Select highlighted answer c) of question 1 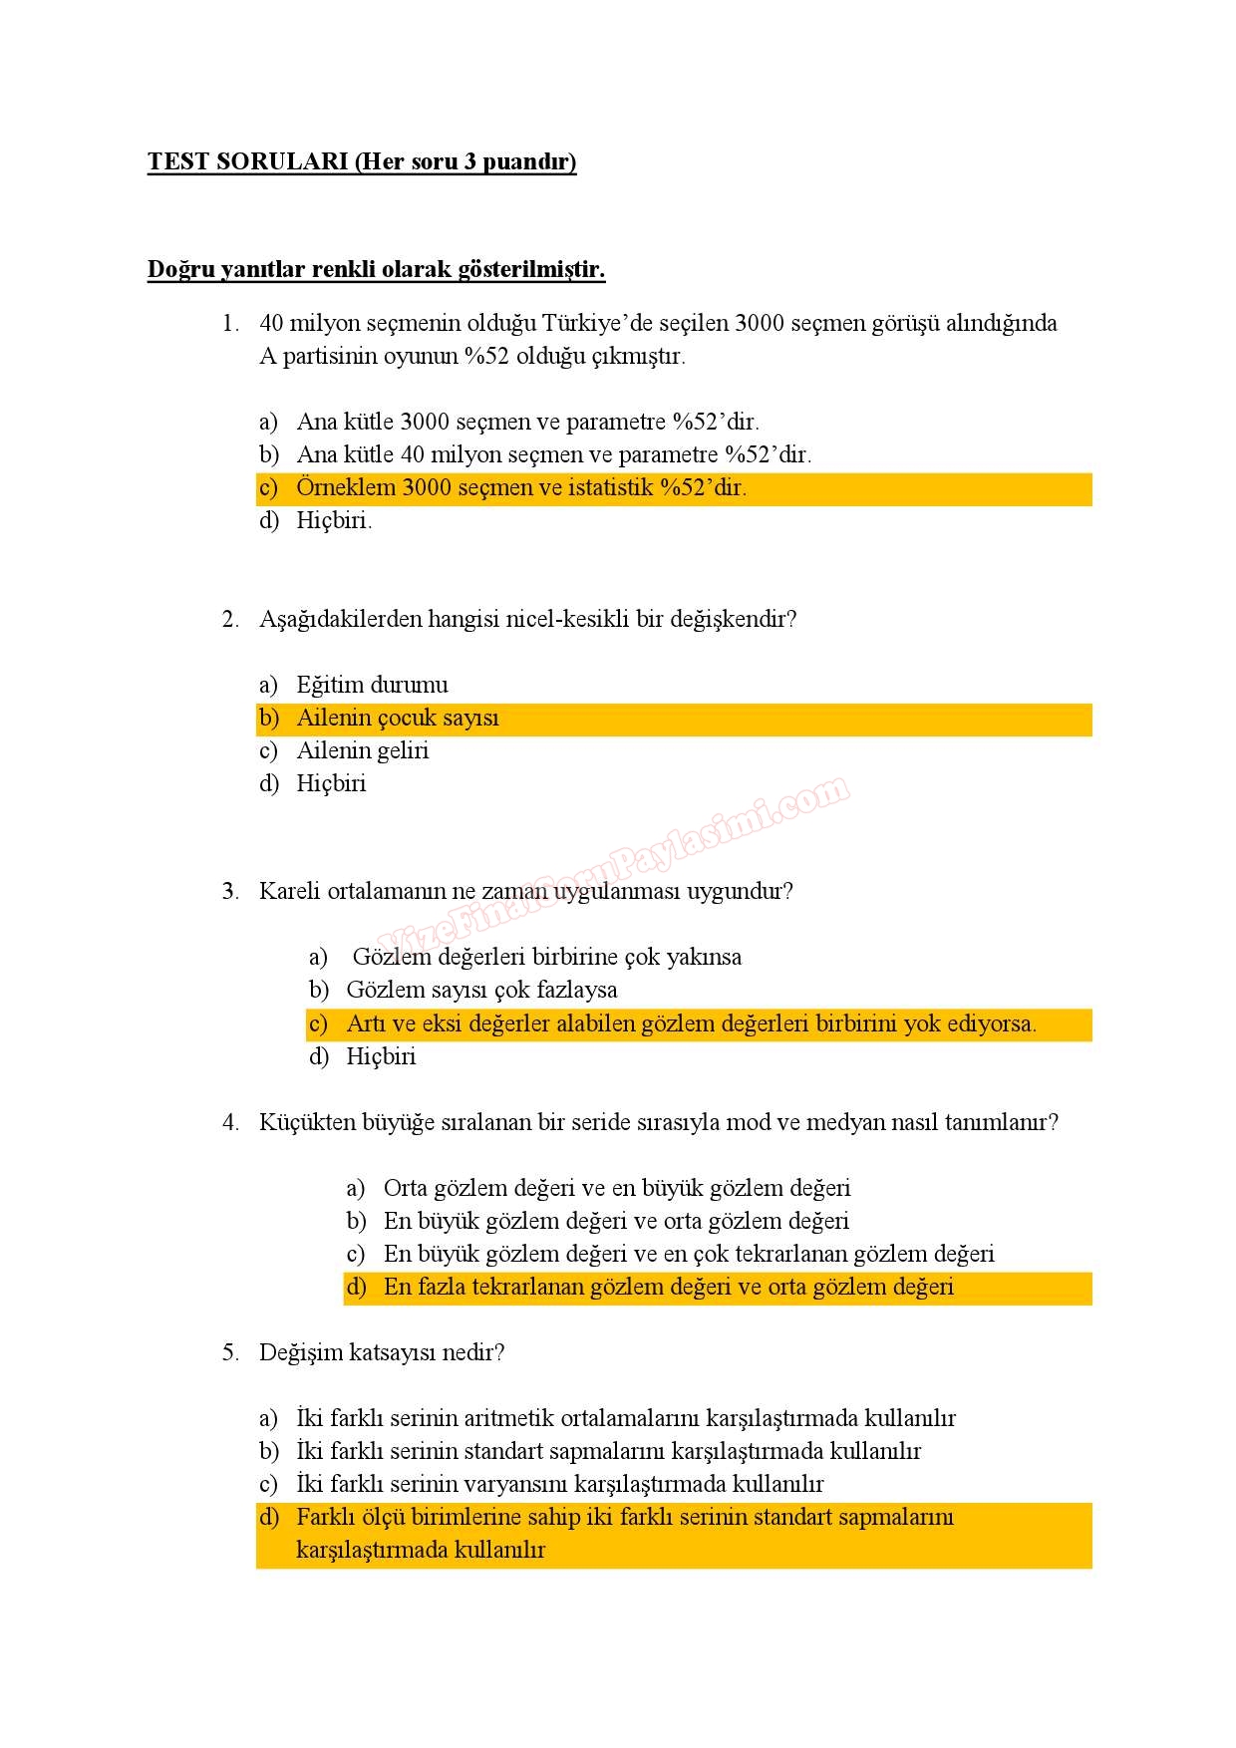pos(520,488)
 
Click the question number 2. pos(229,619)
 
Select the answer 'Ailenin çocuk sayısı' pos(397,719)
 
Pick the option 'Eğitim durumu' pos(372,685)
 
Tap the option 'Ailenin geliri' pos(362,750)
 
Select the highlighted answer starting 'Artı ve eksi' pos(690,1023)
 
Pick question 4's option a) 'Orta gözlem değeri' pos(616,1188)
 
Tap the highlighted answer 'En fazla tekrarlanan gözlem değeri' pos(668,1287)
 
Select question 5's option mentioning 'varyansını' pos(559,1484)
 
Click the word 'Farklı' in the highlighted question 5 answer pos(324,1517)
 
